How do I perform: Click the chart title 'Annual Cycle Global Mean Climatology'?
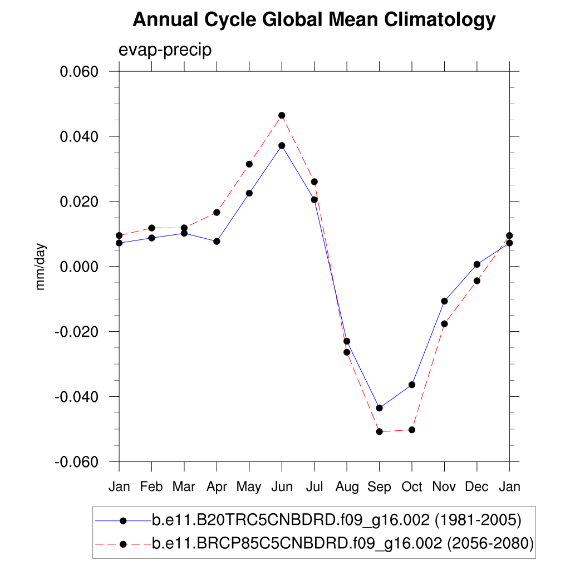pos(314,20)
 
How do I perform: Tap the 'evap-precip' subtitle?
pos(165,50)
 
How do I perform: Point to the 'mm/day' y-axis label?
pos(41,267)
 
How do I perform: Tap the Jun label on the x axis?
pos(282,487)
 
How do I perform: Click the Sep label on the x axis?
pos(380,487)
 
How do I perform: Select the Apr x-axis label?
pos(217,487)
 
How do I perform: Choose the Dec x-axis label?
pos(477,487)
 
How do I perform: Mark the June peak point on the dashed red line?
pos(282,115)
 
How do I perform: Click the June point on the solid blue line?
pos(282,145)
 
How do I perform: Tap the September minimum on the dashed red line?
pos(380,431)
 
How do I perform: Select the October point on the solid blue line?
pos(412,385)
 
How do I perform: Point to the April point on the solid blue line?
pos(217,241)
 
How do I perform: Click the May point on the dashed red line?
pos(249,164)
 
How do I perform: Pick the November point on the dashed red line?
pos(444,323)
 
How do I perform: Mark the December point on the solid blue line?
pos(477,264)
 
